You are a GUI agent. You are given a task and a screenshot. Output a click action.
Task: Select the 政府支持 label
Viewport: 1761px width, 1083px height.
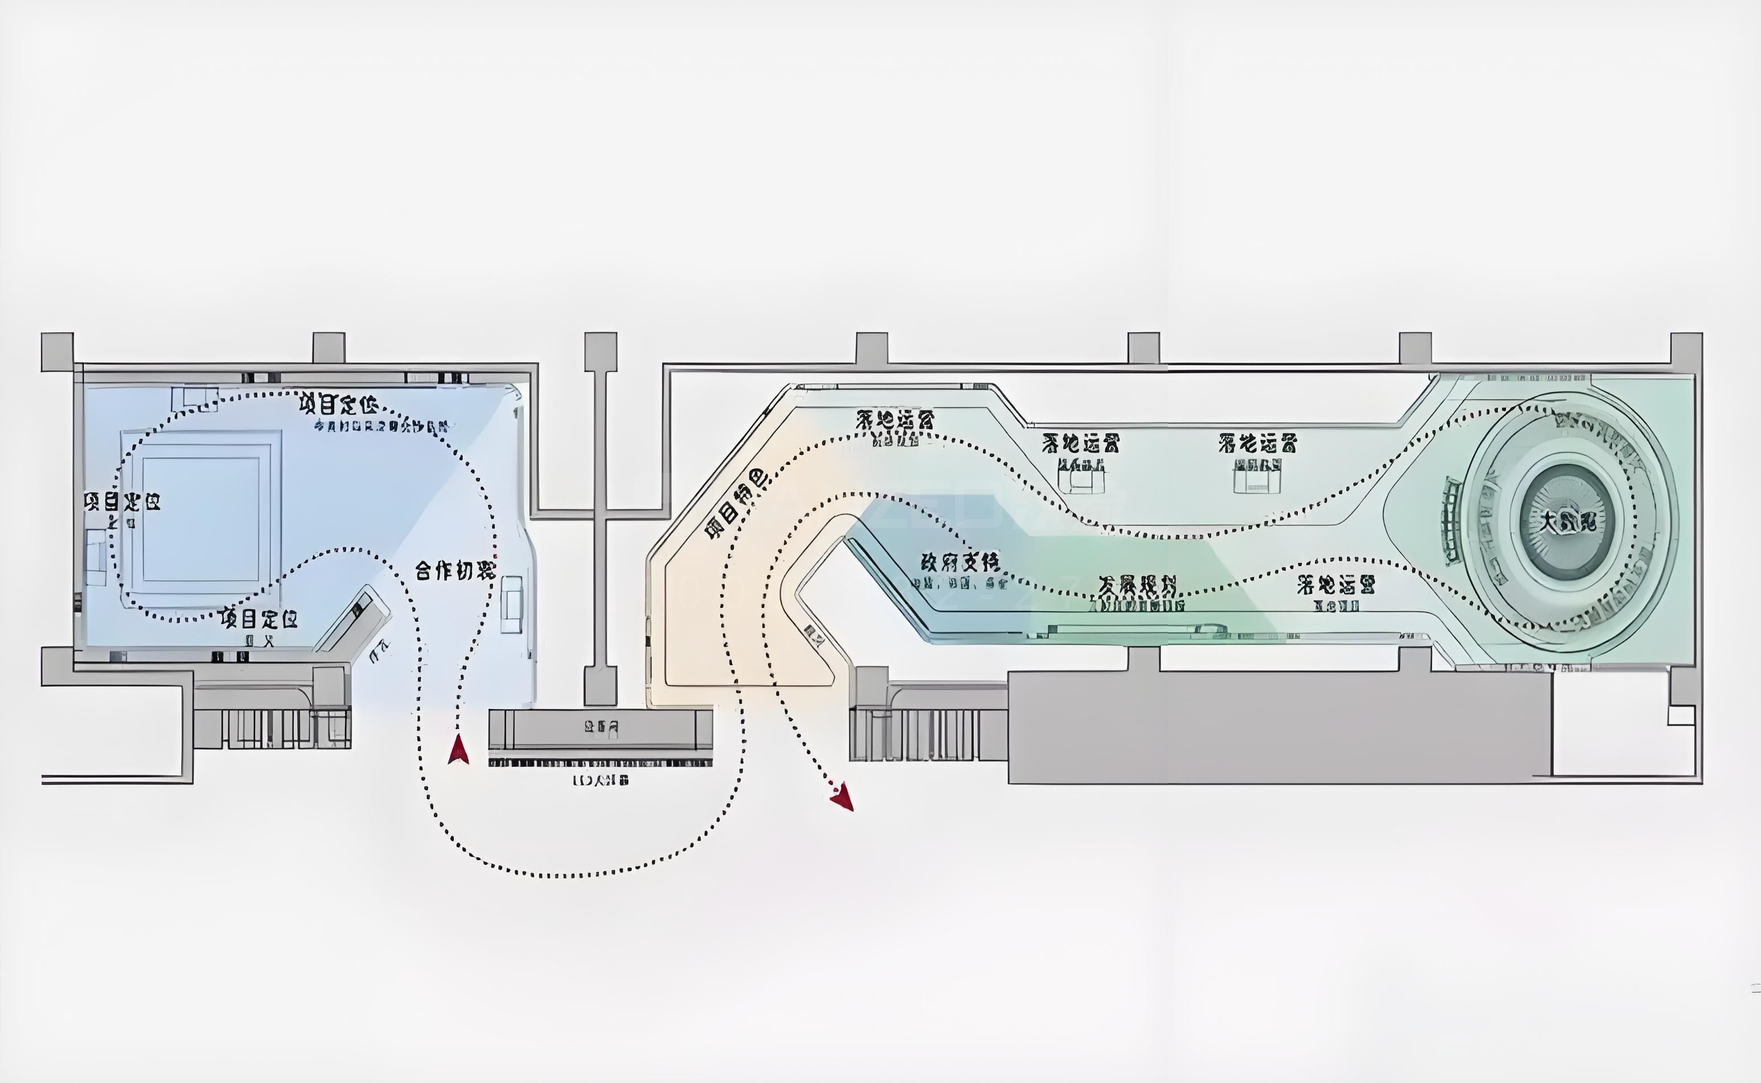pos(960,561)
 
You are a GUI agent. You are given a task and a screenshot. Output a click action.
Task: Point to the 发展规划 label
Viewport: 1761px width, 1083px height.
pos(1137,586)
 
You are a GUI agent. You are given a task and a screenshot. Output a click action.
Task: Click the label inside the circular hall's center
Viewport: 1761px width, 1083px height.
pos(1568,522)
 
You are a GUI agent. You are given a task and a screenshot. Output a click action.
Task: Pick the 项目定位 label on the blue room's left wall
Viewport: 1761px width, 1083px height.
pos(122,502)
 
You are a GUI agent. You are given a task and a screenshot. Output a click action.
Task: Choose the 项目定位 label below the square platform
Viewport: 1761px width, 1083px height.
pos(259,617)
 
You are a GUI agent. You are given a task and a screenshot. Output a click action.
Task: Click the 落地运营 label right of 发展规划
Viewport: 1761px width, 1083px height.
pos(1336,585)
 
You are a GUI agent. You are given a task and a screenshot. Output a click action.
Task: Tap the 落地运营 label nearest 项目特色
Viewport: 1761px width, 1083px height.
pos(895,419)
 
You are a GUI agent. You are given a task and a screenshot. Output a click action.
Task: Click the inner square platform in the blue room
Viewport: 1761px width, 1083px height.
pos(201,519)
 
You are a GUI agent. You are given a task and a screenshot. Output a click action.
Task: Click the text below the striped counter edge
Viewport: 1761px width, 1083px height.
pos(600,780)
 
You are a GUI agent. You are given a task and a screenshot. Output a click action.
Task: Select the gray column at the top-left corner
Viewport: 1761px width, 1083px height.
pos(58,352)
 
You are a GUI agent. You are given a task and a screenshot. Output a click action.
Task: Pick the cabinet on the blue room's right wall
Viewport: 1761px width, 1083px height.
pos(512,604)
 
